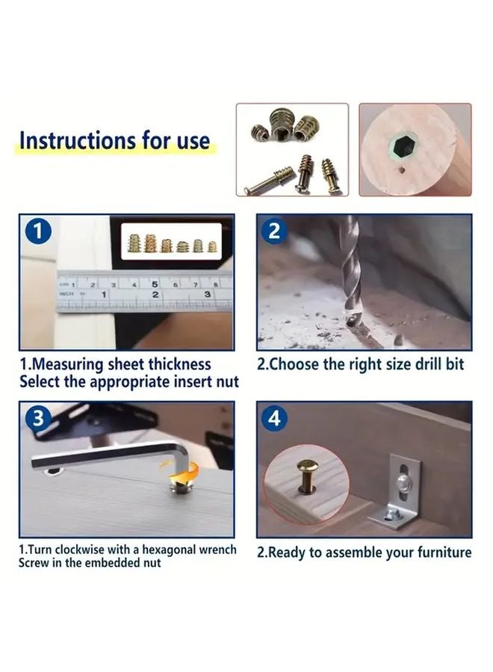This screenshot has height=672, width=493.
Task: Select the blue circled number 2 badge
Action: pyautogui.click(x=275, y=231)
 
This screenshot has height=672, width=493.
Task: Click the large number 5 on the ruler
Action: pyautogui.click(x=155, y=284)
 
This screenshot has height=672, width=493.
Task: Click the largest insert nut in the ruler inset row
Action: pyautogui.click(x=136, y=242)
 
